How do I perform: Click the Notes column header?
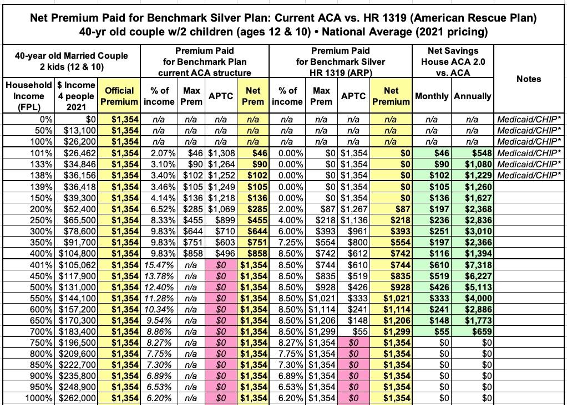click(528, 79)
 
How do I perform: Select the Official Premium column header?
click(119, 96)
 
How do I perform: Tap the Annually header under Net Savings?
click(472, 96)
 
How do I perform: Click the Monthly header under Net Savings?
click(432, 96)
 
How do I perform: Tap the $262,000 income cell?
click(77, 398)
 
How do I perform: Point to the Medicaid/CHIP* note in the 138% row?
click(529, 176)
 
